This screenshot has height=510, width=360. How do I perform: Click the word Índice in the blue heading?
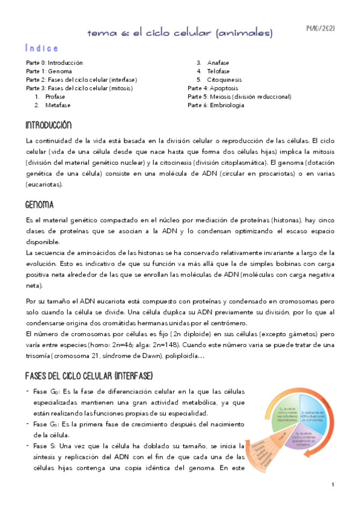(x=42, y=48)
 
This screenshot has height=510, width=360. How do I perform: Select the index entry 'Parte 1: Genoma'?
(x=49, y=71)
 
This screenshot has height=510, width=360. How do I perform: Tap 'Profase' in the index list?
(x=55, y=96)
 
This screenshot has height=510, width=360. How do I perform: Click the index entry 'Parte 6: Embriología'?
(x=216, y=105)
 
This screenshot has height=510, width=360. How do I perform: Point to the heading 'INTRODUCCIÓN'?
(x=48, y=126)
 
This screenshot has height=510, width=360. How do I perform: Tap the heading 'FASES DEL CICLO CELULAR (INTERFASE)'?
(x=89, y=376)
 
